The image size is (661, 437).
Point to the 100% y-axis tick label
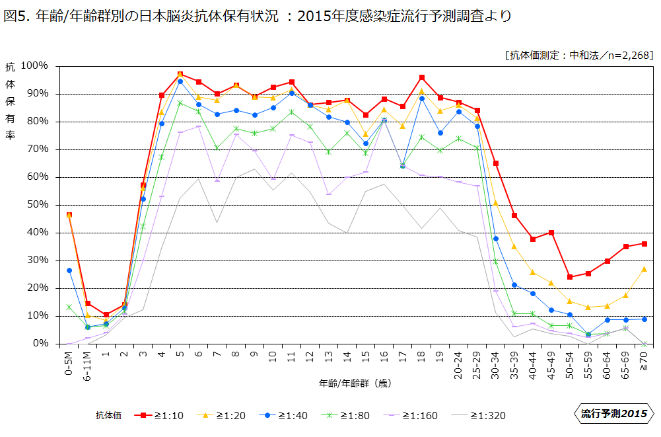[34, 65]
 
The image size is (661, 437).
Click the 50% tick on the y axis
[38, 204]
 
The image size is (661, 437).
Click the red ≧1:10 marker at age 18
[421, 77]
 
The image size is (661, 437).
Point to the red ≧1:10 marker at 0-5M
[69, 215]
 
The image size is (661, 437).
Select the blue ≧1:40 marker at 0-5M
[69, 270]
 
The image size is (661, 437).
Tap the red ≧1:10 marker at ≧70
[644, 244]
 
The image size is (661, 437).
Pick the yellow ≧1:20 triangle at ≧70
[644, 269]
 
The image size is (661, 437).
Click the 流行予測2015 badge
[613, 414]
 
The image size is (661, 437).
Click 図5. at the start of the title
[16, 16]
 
